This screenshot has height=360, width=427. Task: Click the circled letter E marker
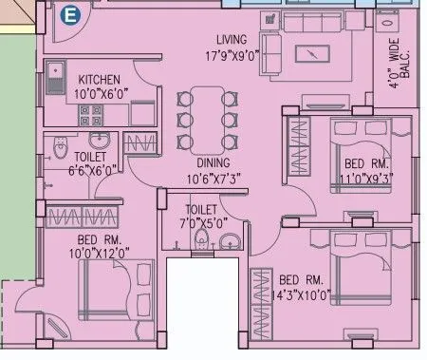point(67,15)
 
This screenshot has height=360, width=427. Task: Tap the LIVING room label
point(231,40)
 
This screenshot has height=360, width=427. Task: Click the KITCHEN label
point(98,80)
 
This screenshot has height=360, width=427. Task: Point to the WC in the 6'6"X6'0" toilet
point(60,150)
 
